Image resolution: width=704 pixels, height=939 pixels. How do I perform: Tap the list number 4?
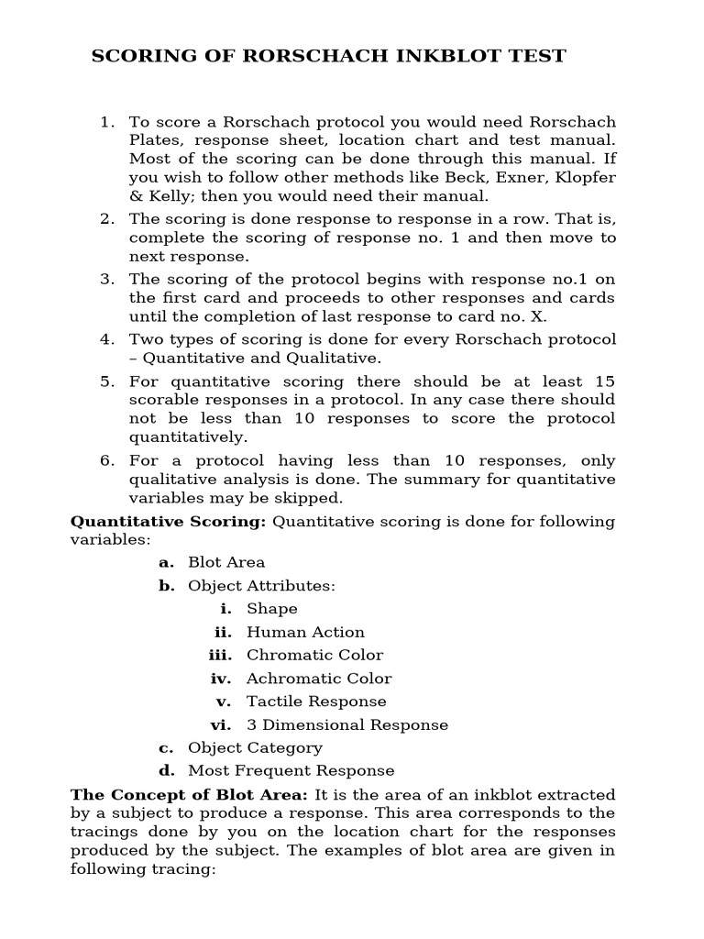click(x=107, y=339)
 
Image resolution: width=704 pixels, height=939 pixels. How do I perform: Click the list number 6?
click(x=107, y=460)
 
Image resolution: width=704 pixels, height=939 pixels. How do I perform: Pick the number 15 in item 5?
click(x=602, y=381)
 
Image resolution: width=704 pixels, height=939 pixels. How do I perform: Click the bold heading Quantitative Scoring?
click(x=169, y=522)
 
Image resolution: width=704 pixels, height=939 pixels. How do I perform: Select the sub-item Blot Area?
click(x=226, y=562)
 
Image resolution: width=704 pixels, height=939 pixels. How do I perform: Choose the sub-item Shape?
click(x=271, y=609)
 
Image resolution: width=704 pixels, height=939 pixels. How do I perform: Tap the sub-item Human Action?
click(x=305, y=632)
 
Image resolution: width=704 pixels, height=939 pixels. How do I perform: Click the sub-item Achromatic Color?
click(x=318, y=679)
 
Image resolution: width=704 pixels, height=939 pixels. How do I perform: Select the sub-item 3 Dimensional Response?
click(x=347, y=724)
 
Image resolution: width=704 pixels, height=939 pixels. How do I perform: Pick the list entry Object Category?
click(x=255, y=748)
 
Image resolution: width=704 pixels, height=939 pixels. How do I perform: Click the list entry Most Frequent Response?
click(x=291, y=771)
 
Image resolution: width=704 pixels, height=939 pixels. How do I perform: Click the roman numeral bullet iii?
click(x=220, y=655)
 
